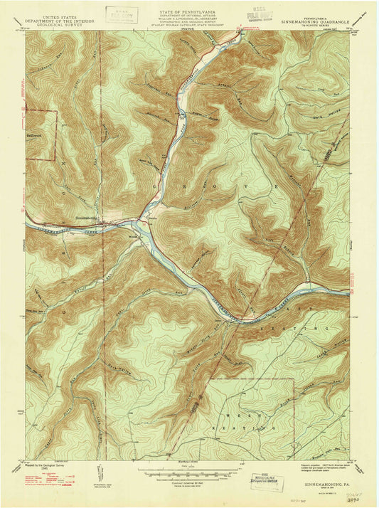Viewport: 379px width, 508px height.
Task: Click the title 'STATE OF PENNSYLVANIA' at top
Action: click(x=188, y=6)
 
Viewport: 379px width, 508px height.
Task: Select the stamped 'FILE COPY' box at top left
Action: click(x=123, y=14)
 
